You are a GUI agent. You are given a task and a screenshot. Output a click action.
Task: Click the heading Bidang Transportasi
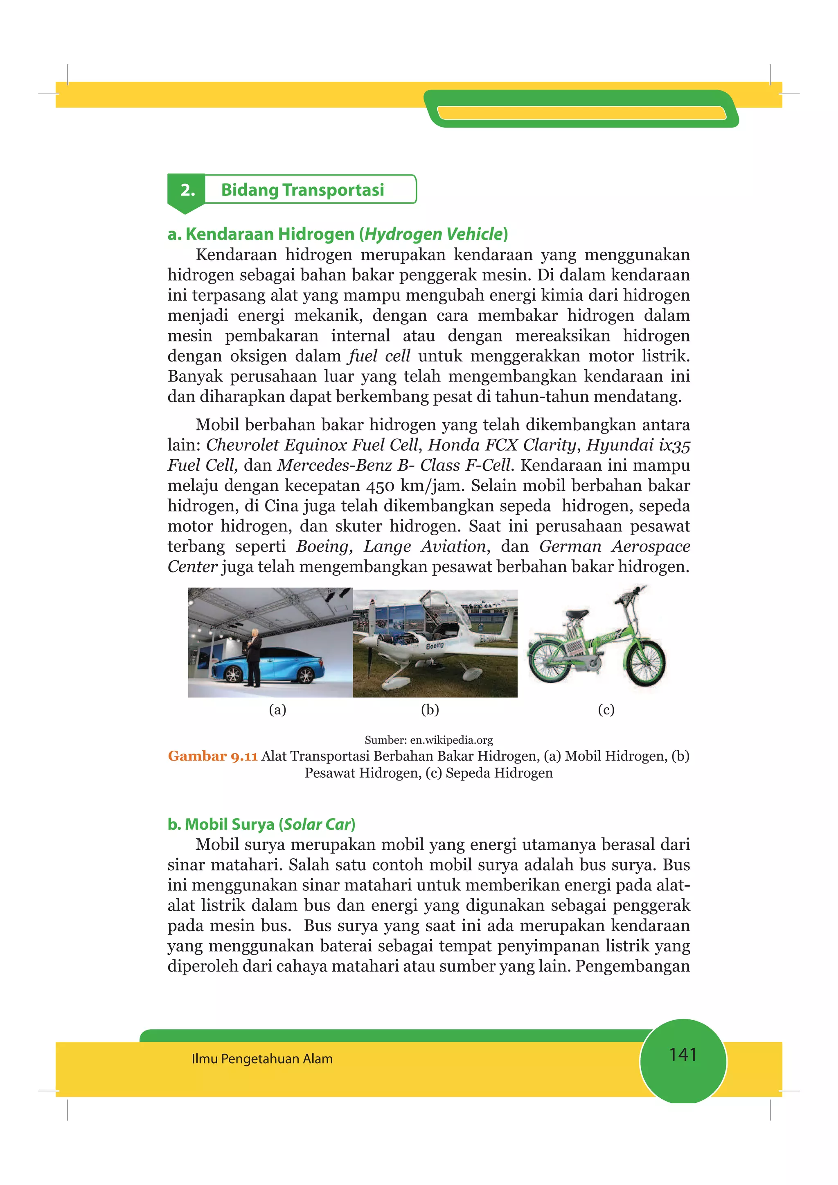[302, 190]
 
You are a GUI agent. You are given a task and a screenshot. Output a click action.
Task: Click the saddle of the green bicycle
[577, 614]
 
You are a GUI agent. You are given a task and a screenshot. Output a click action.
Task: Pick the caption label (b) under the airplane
[430, 710]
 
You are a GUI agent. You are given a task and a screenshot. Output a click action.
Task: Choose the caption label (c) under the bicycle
[606, 710]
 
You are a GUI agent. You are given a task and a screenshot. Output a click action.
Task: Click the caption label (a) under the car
[277, 710]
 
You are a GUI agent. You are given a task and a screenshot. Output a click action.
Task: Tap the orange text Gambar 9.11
[212, 756]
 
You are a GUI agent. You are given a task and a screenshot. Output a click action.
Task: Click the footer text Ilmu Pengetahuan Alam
[262, 1059]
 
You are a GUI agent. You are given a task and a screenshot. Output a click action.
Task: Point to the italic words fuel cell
[379, 356]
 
